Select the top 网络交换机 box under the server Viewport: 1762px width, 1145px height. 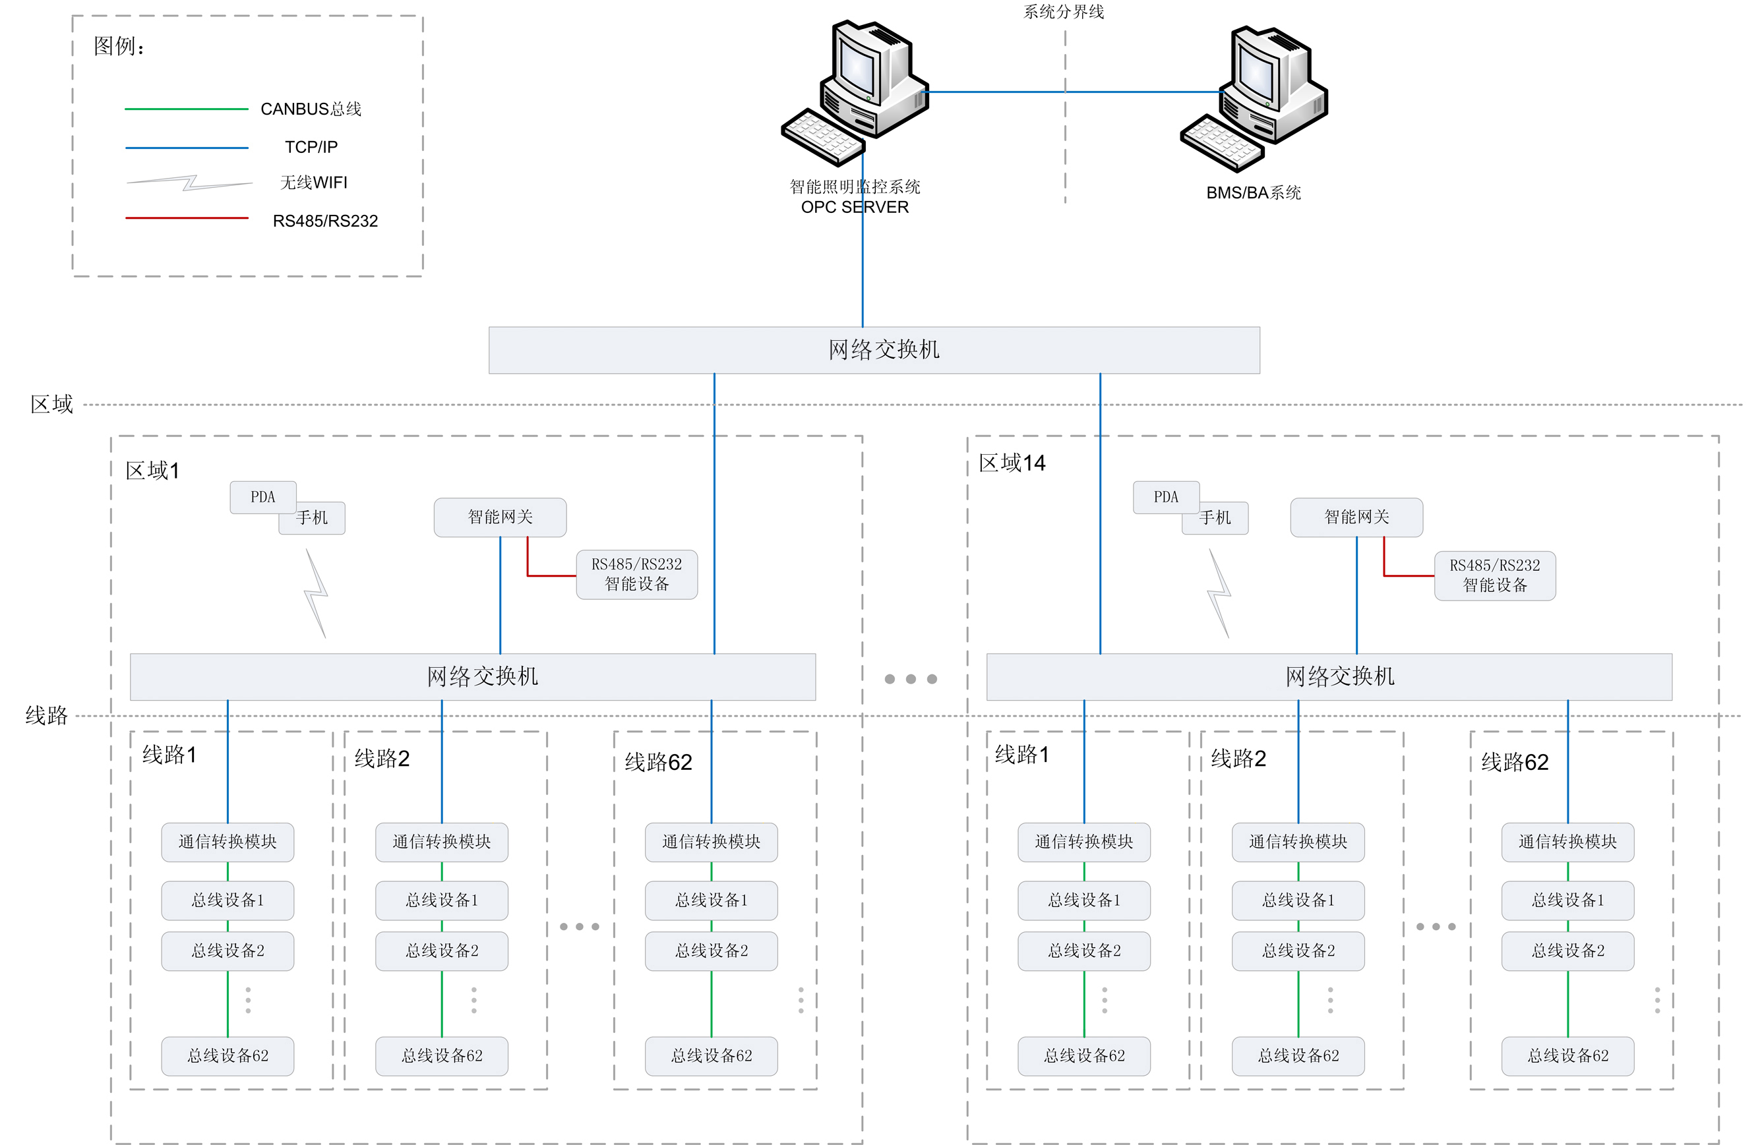point(874,350)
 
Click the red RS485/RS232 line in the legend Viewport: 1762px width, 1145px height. point(187,218)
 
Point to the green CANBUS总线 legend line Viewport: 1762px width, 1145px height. point(187,109)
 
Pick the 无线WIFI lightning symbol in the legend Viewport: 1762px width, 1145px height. point(189,182)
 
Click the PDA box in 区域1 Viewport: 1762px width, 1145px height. point(263,496)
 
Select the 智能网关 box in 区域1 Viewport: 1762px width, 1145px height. point(500,517)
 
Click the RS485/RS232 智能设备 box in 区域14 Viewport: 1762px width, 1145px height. point(1494,575)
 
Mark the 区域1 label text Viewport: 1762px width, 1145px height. point(152,471)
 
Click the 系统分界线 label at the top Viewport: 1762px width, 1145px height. point(1063,11)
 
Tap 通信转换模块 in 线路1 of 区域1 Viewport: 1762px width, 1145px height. point(228,842)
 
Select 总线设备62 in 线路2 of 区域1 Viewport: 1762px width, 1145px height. point(441,1055)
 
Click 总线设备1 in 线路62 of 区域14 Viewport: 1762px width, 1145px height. point(1567,900)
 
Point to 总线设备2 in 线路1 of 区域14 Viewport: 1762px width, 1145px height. point(1084,951)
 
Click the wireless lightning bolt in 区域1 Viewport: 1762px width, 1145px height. point(316,592)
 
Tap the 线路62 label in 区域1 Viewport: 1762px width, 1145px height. point(658,761)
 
